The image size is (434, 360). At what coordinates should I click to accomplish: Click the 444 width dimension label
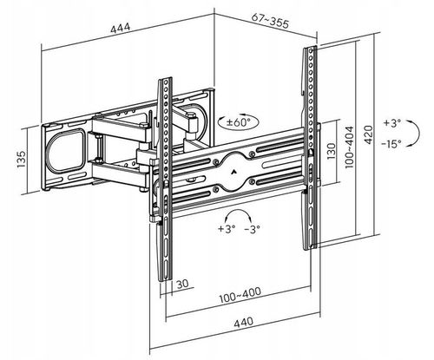pos(121,29)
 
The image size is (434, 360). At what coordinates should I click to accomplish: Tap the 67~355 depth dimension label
pos(270,21)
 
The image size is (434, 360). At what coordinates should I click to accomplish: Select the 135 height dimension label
pos(22,160)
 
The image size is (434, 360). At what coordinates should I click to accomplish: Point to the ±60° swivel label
pos(238,122)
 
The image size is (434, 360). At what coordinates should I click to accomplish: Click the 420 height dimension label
pos(368,134)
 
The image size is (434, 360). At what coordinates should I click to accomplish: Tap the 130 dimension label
pos(332,151)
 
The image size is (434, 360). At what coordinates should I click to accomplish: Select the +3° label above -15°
pos(392,123)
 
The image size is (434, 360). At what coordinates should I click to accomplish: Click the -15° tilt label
pos(391,143)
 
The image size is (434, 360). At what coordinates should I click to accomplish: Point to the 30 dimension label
pos(182,284)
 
